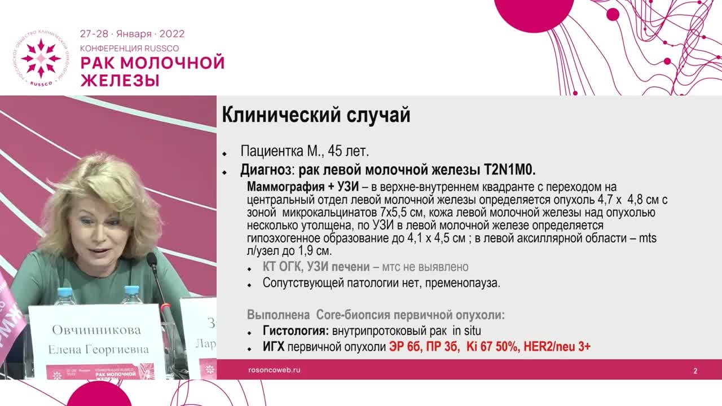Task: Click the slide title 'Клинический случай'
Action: [316, 115]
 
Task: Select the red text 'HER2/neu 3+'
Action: [557, 347]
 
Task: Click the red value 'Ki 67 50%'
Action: [491, 347]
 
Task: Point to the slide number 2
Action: [695, 371]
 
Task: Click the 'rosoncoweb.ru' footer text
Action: [274, 370]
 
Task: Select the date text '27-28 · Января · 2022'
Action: [132, 34]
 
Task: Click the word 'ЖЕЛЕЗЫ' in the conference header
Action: [120, 80]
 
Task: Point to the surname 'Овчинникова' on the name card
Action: [96, 330]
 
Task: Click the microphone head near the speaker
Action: [151, 260]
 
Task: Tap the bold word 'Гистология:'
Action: [295, 331]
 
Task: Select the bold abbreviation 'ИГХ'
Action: [274, 347]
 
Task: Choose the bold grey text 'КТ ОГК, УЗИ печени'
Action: [316, 267]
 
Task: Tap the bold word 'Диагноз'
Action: [266, 170]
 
